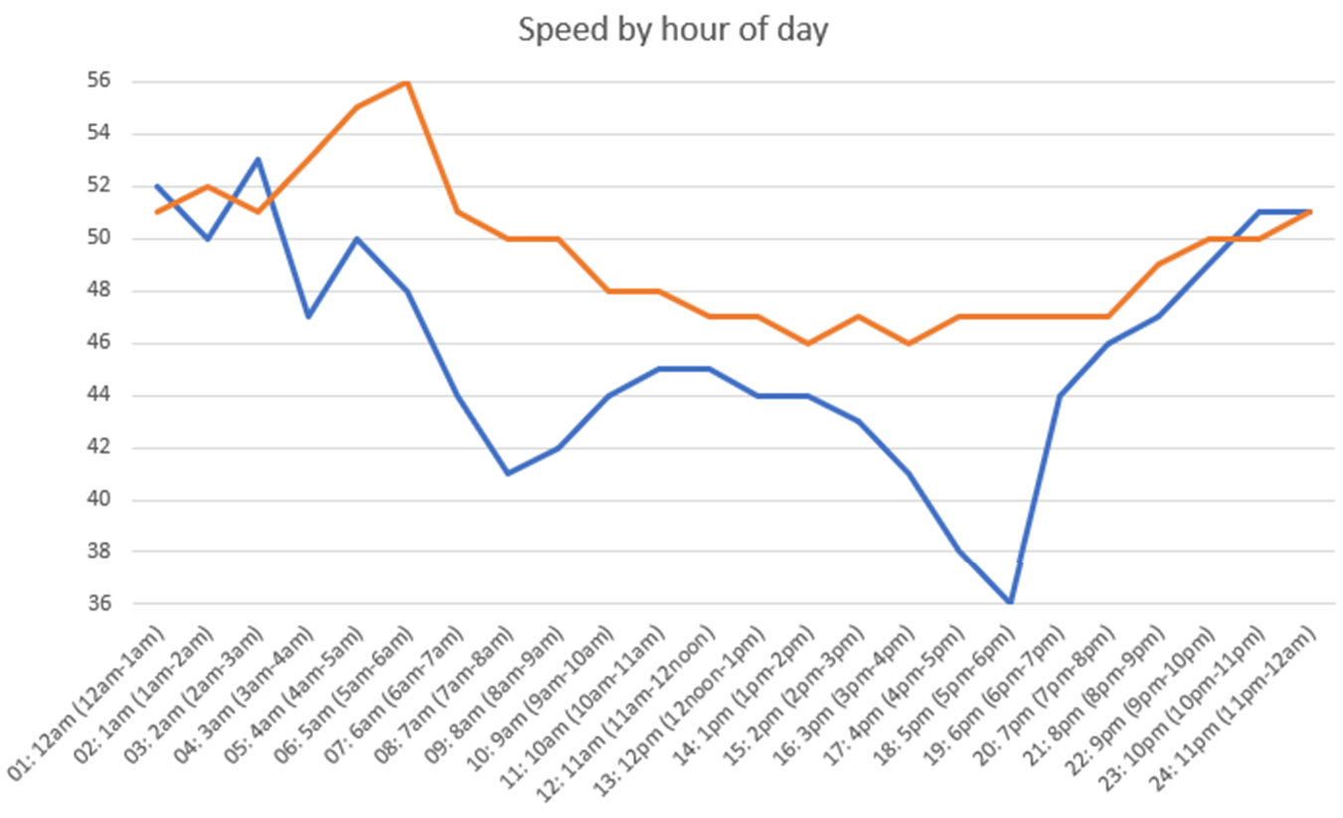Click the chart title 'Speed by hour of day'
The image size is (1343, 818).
(673, 30)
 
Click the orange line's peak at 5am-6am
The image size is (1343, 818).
(408, 82)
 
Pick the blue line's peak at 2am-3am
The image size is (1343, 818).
(257, 159)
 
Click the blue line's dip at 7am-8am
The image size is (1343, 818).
(508, 473)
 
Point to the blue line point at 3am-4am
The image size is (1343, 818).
(308, 316)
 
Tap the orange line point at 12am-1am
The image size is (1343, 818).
(157, 212)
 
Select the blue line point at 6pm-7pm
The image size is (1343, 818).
(1060, 396)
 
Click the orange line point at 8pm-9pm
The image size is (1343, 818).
(1160, 264)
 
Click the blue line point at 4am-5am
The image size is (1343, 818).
(358, 239)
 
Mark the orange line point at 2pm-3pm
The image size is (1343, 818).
(859, 316)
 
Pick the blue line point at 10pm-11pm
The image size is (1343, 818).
(1260, 212)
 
